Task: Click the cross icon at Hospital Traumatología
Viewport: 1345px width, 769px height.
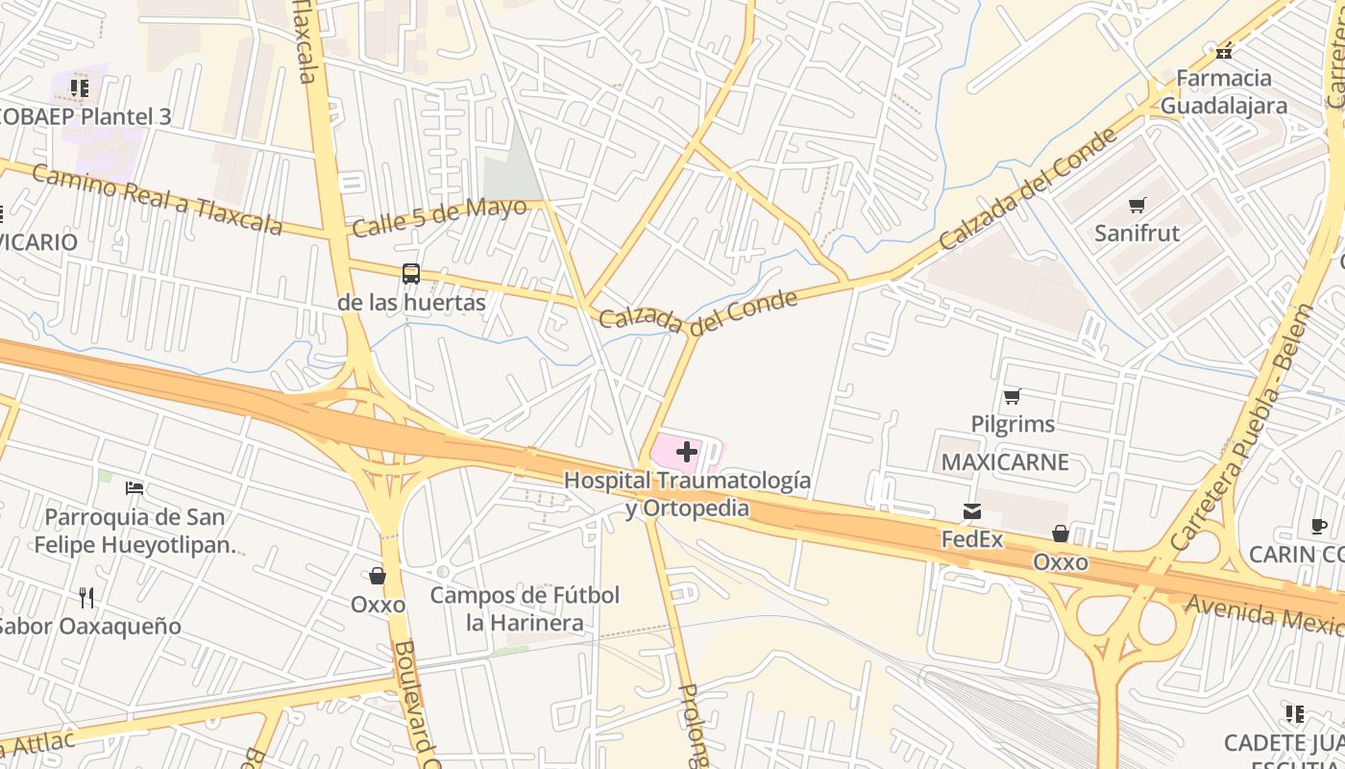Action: tap(687, 452)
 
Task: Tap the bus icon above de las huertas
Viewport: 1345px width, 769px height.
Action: tap(411, 274)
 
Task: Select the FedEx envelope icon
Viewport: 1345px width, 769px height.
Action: tap(972, 511)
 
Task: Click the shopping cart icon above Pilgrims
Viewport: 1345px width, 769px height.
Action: tap(1012, 396)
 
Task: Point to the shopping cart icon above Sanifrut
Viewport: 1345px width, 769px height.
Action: tap(1137, 205)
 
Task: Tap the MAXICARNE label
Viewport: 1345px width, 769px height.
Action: tap(1005, 462)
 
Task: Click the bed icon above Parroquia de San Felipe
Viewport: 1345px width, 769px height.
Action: tap(134, 488)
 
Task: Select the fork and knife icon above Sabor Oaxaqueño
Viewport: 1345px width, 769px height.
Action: tap(86, 598)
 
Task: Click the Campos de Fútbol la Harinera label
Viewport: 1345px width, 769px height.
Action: tap(525, 608)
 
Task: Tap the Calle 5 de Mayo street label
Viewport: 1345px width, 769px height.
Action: tap(439, 217)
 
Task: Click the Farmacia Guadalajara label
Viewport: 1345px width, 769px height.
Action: tap(1224, 91)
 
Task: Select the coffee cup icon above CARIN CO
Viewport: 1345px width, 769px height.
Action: tap(1319, 526)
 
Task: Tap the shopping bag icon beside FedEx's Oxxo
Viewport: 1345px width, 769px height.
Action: tap(1061, 533)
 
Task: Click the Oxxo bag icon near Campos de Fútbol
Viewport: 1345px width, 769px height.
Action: tap(378, 576)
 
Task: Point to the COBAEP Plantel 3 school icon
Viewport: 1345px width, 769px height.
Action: tap(80, 88)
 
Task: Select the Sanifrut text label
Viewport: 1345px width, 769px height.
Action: tap(1137, 233)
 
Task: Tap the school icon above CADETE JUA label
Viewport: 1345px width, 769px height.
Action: tap(1294, 714)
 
